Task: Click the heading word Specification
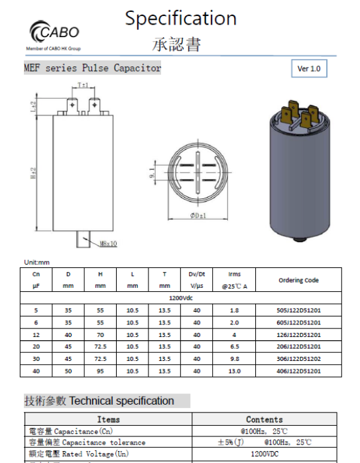pyautogui.click(x=180, y=18)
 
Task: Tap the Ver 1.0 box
pyautogui.click(x=308, y=68)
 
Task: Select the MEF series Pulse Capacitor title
pyautogui.click(x=92, y=68)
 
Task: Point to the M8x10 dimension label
pyautogui.click(x=108, y=244)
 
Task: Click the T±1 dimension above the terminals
pyautogui.click(x=84, y=86)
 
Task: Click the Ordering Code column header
pyautogui.click(x=298, y=280)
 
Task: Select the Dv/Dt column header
pyautogui.click(x=197, y=274)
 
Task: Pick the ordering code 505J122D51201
pyautogui.click(x=298, y=310)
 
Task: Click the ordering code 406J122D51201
pyautogui.click(x=298, y=371)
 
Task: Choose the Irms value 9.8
pyautogui.click(x=234, y=359)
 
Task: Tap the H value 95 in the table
pyautogui.click(x=100, y=371)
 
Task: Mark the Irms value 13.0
pyautogui.click(x=234, y=371)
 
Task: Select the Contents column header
pyautogui.click(x=265, y=419)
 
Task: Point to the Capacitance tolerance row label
pyautogui.click(x=86, y=442)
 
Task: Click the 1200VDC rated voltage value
pyautogui.click(x=265, y=453)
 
